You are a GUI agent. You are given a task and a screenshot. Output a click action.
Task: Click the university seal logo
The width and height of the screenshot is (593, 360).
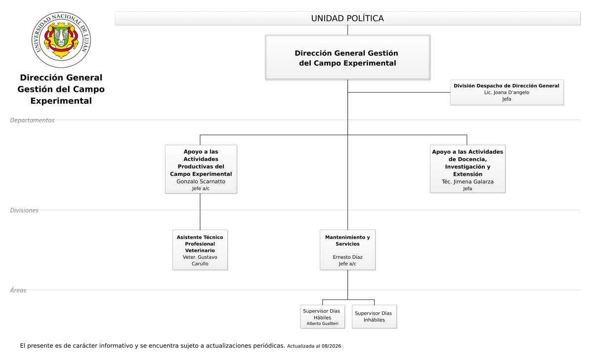click(x=61, y=40)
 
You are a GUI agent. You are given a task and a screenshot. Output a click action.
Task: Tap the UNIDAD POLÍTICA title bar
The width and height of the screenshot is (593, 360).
click(x=347, y=18)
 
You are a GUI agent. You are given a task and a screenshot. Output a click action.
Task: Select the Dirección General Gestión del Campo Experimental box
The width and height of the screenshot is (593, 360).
click(x=347, y=57)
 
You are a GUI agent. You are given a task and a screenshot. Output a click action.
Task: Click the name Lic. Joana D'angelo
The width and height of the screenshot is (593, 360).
click(x=507, y=92)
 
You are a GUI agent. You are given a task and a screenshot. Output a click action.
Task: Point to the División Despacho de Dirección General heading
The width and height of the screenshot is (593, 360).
click(x=507, y=86)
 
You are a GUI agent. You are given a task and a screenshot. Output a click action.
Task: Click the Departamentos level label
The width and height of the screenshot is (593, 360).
click(x=32, y=120)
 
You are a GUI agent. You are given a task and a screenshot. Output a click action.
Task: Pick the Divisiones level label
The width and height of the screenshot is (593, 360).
click(x=24, y=210)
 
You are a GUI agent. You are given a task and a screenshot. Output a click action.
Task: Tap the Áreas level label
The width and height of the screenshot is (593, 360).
click(x=18, y=290)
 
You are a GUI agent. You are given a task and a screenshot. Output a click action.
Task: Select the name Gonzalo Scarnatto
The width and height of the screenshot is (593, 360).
click(x=201, y=181)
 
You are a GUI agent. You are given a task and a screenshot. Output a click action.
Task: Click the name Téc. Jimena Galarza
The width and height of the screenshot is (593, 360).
click(x=467, y=182)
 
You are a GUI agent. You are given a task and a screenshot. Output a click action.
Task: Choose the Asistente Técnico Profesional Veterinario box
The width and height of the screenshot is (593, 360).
click(x=200, y=250)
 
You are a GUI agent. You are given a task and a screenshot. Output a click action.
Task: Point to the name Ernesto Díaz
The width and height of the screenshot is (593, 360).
click(x=347, y=257)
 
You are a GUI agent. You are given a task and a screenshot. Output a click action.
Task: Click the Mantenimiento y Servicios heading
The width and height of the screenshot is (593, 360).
click(x=347, y=240)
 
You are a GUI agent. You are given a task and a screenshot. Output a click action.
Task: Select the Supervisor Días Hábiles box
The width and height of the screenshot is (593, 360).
click(x=322, y=317)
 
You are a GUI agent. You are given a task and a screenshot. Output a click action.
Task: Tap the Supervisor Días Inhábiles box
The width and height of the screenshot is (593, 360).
click(x=375, y=317)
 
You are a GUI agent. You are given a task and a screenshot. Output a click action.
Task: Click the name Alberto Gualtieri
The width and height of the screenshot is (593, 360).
click(x=322, y=323)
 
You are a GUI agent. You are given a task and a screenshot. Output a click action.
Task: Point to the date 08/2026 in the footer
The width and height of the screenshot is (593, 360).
click(x=332, y=346)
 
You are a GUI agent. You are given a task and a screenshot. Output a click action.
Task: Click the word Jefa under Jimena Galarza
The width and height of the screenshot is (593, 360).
click(x=467, y=189)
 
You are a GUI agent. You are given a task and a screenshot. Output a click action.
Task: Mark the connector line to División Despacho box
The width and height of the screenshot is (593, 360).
click(x=399, y=92)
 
